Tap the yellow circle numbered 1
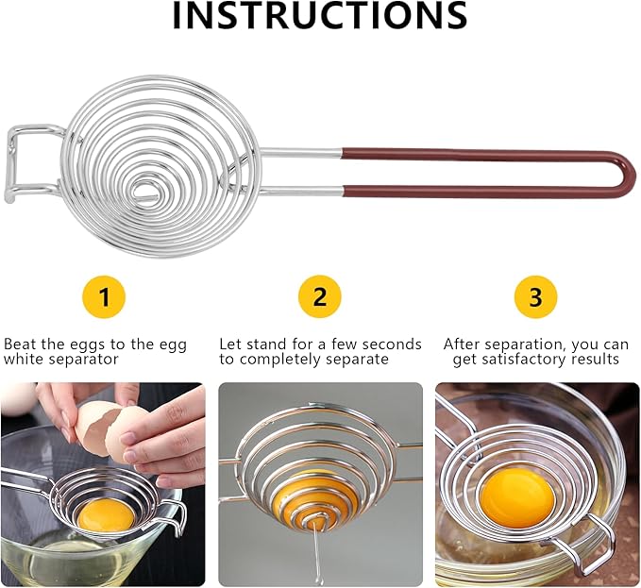(105, 297)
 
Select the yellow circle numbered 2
(320, 297)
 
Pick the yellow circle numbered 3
(535, 297)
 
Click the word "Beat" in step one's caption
(20, 344)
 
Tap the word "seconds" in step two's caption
(388, 344)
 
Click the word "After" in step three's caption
(464, 344)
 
